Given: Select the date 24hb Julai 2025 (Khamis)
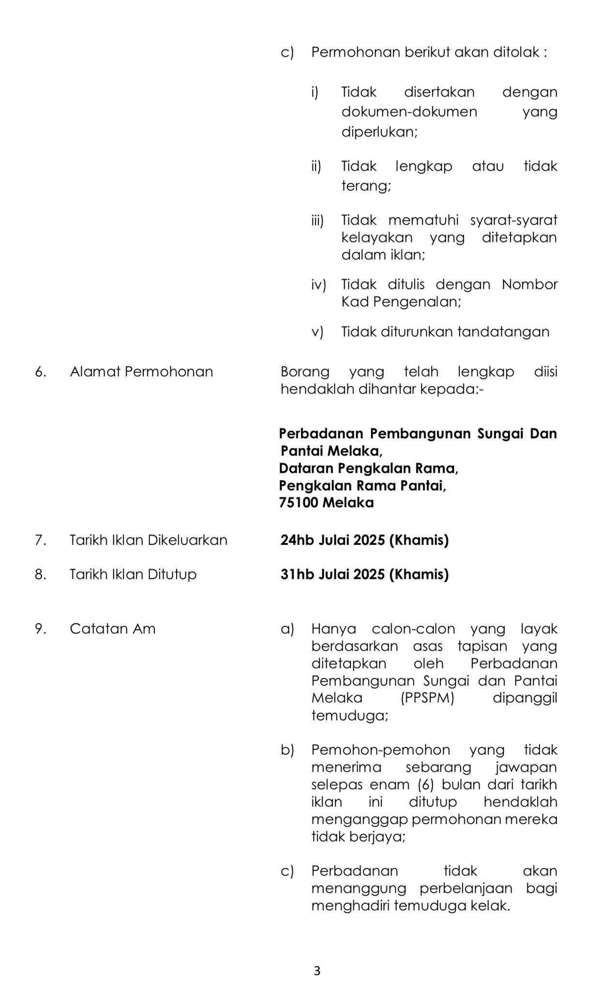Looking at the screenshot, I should pyautogui.click(x=364, y=540).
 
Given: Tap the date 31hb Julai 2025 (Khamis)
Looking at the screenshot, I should pyautogui.click(x=364, y=574).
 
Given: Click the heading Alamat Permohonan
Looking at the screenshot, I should pyautogui.click(x=141, y=372).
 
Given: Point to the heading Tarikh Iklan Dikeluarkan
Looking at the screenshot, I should pyautogui.click(x=148, y=540).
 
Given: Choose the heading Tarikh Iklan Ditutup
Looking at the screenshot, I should pyautogui.click(x=133, y=574).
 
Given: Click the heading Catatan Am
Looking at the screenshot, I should pyautogui.click(x=113, y=629).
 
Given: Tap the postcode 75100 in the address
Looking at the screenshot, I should pyautogui.click(x=298, y=503).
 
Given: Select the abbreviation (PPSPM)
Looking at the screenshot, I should pyautogui.click(x=427, y=698).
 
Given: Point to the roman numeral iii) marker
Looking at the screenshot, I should pyautogui.click(x=317, y=221).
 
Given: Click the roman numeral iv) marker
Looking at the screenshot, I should pyautogui.click(x=318, y=285).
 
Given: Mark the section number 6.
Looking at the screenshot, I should pyautogui.click(x=41, y=372).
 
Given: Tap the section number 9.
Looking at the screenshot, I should pyautogui.click(x=41, y=629).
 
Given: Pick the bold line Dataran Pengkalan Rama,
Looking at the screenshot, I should pyautogui.click(x=368, y=468).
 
